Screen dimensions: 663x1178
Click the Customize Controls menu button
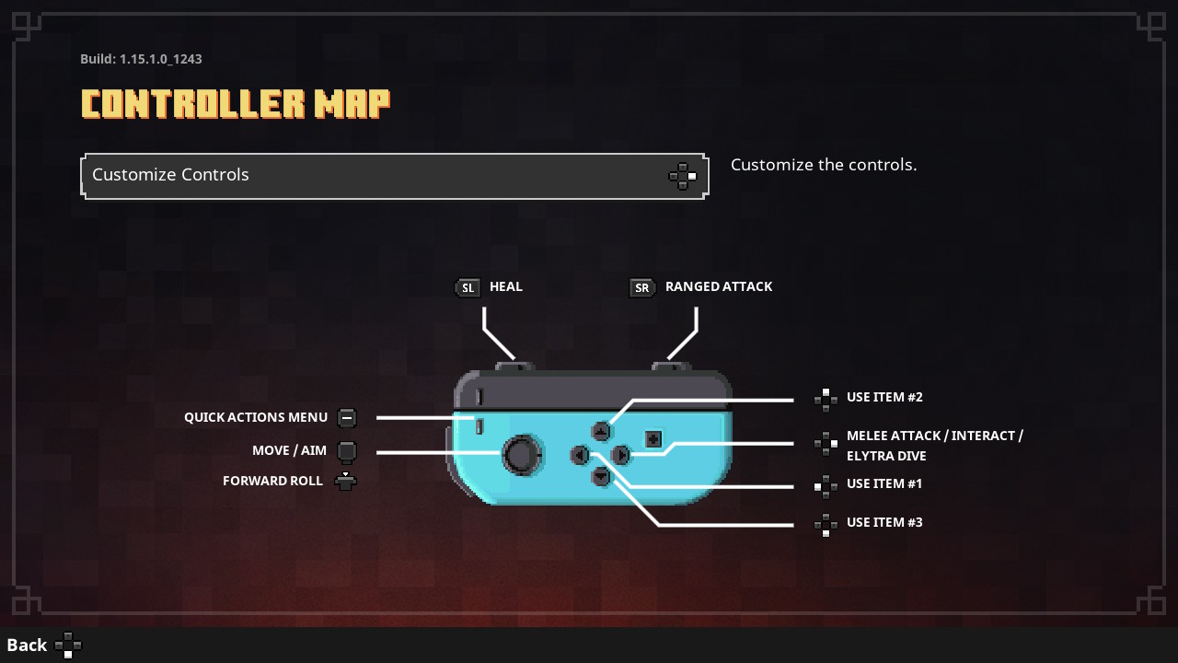pyautogui.click(x=394, y=176)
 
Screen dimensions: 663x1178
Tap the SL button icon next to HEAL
pyautogui.click(x=468, y=288)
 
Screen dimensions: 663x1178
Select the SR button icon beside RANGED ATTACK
pyautogui.click(x=641, y=288)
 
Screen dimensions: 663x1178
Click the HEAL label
pyautogui.click(x=506, y=286)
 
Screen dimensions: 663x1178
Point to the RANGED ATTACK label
pyautogui.click(x=719, y=286)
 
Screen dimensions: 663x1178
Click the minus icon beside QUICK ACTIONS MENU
pyautogui.click(x=346, y=418)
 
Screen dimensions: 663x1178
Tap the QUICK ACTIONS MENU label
pyautogui.click(x=256, y=417)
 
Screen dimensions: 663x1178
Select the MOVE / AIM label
pyautogui.click(x=289, y=450)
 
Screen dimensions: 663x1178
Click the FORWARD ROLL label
pyautogui.click(x=272, y=481)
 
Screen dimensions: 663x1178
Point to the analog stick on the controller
pyautogui.click(x=522, y=455)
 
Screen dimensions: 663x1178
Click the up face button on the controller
pyautogui.click(x=601, y=431)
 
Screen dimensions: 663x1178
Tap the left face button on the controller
pyautogui.click(x=580, y=455)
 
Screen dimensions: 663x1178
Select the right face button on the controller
pyautogui.click(x=621, y=455)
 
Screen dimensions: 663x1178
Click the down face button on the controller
pyautogui.click(x=601, y=476)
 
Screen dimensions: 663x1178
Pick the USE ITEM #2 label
pyautogui.click(x=884, y=397)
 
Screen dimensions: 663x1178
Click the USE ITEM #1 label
pyautogui.click(x=884, y=483)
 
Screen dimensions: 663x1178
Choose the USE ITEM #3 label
pyautogui.click(x=884, y=522)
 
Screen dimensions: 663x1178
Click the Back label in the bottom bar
pyautogui.click(x=27, y=645)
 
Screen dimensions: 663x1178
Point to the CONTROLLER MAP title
pyautogui.click(x=236, y=104)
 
